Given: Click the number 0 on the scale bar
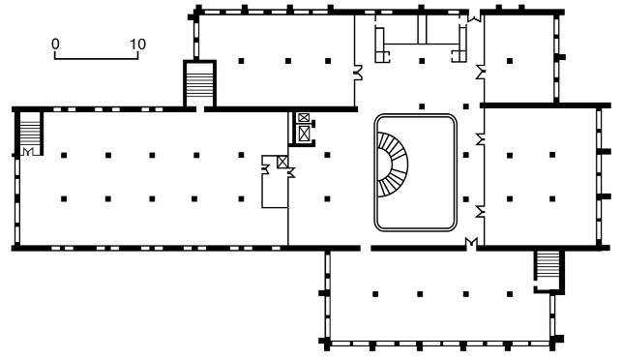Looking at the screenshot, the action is (55, 45).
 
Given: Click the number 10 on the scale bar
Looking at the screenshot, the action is (138, 45).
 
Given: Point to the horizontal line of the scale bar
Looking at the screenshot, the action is (97, 59).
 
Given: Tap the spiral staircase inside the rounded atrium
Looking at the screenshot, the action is (393, 165).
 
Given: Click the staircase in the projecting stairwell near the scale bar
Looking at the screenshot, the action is (199, 84).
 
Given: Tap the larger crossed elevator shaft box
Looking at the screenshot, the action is (304, 133).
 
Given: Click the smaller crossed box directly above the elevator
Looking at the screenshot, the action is (304, 117).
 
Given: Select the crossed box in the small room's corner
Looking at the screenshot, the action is (282, 162).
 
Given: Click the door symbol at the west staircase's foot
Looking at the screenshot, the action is (28, 151).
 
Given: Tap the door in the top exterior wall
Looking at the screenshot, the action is (474, 17).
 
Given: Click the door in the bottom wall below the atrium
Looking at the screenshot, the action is (471, 241).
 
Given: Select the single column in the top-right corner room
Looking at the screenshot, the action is (510, 61).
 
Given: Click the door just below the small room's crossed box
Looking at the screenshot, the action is (291, 172).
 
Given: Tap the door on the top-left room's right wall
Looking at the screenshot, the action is (359, 73).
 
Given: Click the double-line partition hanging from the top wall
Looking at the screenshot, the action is (422, 29).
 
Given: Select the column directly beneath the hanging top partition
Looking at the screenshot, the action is (422, 61).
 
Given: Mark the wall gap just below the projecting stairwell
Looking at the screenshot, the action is (200, 108).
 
